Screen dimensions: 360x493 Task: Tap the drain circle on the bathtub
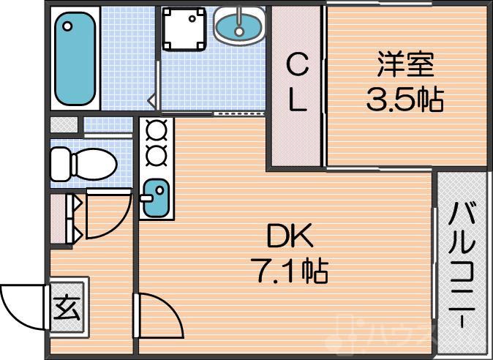68,27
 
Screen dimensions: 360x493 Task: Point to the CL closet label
296,83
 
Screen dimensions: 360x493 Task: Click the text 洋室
405,65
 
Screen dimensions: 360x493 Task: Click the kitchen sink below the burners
156,198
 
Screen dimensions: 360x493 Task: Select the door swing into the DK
157,315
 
